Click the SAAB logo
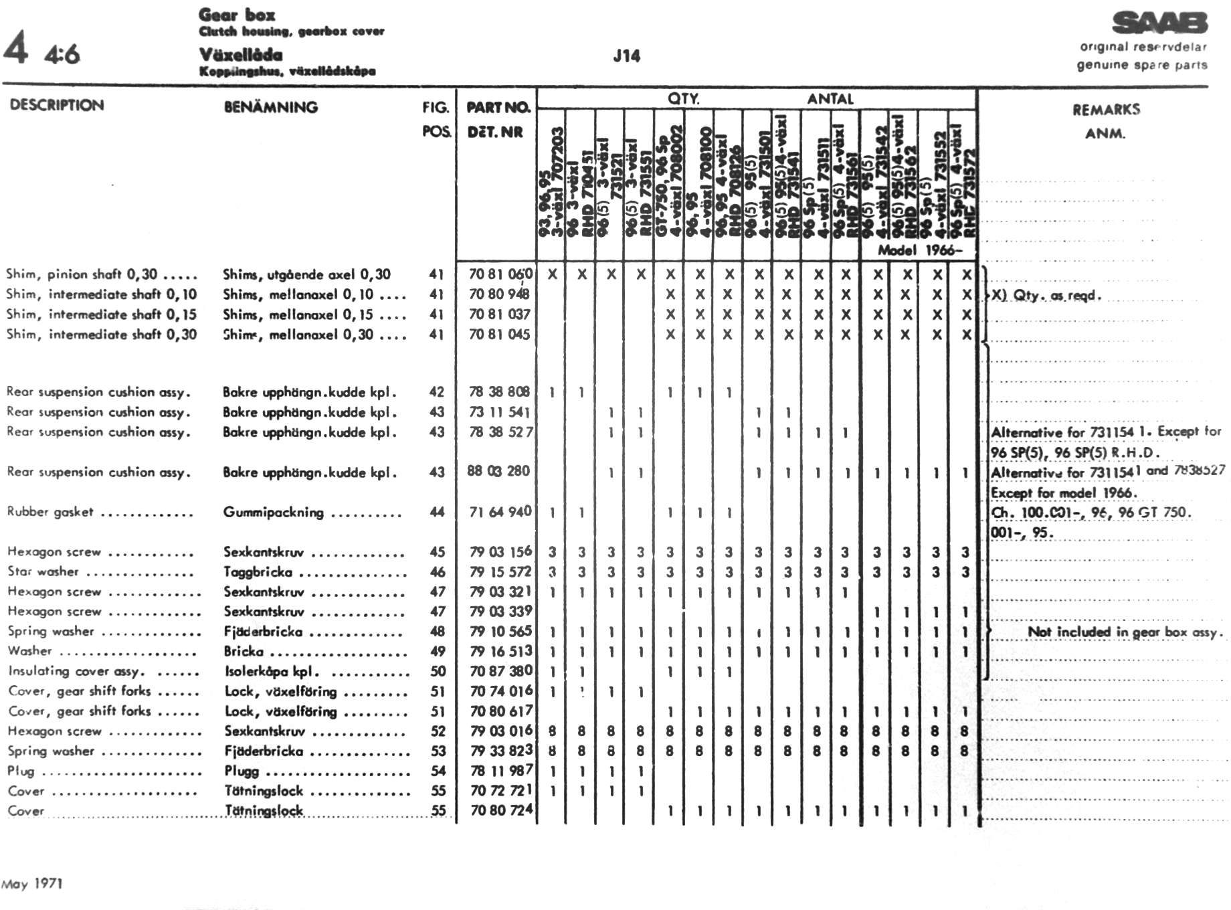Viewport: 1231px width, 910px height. [1159, 23]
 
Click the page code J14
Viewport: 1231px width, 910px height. [626, 56]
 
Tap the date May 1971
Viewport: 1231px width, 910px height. [32, 884]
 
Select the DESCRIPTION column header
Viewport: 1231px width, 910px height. [57, 105]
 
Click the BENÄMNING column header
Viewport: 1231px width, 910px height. [270, 107]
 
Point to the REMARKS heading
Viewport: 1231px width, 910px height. [1106, 110]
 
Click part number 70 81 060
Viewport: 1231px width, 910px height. [500, 274]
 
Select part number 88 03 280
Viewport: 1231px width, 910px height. [498, 471]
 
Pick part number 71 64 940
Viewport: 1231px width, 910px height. [500, 512]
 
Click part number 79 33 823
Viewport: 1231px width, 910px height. [501, 751]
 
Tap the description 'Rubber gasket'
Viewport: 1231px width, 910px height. [50, 512]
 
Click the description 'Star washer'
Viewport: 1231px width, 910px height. [43, 571]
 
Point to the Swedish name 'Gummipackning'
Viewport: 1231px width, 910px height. [273, 513]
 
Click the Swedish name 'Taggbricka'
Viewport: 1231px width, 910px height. [258, 572]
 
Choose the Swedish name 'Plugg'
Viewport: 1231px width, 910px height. [242, 771]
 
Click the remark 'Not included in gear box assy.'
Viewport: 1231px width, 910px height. [1125, 632]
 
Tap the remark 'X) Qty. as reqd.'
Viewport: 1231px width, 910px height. [1046, 295]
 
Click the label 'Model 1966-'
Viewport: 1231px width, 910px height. [920, 250]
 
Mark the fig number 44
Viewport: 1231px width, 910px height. [437, 512]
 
